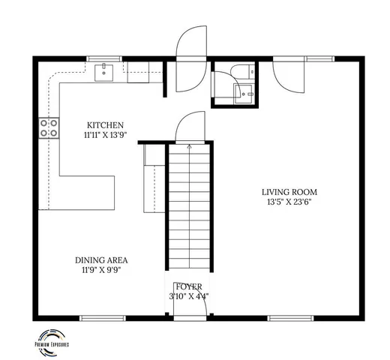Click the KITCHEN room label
point(104,125)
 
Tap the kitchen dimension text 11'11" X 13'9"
point(104,136)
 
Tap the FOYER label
point(188,286)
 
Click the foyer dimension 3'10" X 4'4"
point(188,296)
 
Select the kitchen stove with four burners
point(49,128)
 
